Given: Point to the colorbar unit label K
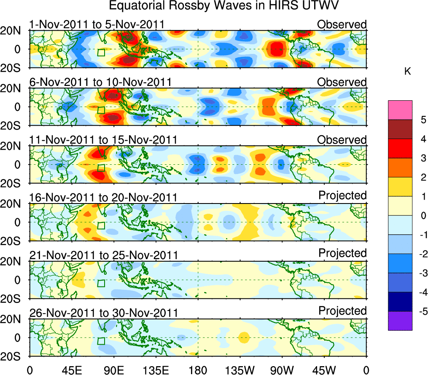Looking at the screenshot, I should click(407, 72).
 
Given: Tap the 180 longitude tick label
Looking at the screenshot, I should click(198, 370).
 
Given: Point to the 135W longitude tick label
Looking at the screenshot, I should click(240, 370).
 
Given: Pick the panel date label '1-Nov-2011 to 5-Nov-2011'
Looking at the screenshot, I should click(97, 24).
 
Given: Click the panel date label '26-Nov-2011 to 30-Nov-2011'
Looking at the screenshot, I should click(103, 313).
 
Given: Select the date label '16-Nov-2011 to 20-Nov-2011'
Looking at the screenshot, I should click(103, 198).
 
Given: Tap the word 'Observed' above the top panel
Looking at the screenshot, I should click(342, 24).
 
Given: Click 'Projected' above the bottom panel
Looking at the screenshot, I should click(342, 311).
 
